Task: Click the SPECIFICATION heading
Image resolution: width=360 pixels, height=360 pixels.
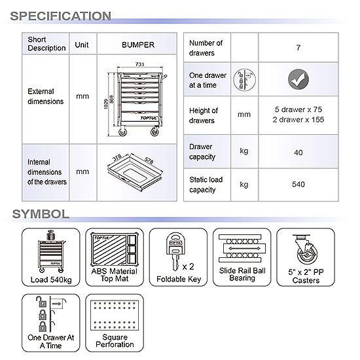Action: click(x=61, y=16)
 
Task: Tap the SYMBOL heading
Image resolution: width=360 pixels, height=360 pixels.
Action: click(x=41, y=214)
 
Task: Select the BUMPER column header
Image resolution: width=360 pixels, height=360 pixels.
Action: click(x=138, y=45)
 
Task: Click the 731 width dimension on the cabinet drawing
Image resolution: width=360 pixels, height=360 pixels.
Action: click(x=140, y=64)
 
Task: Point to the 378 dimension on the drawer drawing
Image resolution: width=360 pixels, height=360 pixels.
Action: click(x=117, y=158)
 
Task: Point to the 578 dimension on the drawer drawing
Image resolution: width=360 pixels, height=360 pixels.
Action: click(x=149, y=160)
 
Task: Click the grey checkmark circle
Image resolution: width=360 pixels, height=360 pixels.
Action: click(x=298, y=79)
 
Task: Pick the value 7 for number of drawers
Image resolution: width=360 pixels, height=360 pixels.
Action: click(x=298, y=48)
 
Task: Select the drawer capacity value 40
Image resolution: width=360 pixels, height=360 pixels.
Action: click(x=298, y=153)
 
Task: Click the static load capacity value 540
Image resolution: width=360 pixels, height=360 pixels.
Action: click(x=298, y=184)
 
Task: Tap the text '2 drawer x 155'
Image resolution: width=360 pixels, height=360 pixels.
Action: click(x=298, y=120)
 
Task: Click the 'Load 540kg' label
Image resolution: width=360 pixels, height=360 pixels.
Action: click(x=51, y=279)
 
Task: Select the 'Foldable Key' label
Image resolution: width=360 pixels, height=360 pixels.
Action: click(x=179, y=279)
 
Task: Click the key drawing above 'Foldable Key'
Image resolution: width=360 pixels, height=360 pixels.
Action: click(x=175, y=251)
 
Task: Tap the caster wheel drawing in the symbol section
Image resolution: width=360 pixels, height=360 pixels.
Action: click(x=306, y=250)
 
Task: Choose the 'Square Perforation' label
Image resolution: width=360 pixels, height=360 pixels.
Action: click(x=115, y=341)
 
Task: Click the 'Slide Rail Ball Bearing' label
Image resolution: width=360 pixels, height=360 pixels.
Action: click(x=242, y=274)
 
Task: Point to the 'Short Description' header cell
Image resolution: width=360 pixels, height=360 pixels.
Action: click(x=46, y=44)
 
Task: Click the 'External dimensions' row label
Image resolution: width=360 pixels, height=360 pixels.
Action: click(x=45, y=96)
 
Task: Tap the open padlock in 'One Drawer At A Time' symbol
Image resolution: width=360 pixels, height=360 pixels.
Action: click(x=41, y=302)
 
